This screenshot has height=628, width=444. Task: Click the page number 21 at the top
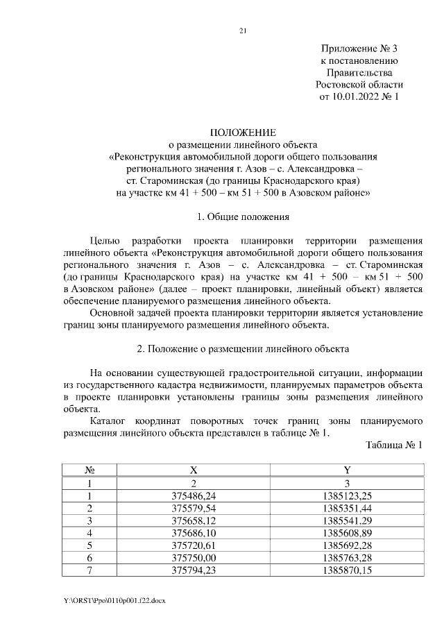pyautogui.click(x=243, y=31)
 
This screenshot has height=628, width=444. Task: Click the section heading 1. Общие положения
pyautogui.click(x=243, y=218)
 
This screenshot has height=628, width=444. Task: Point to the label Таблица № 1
pyautogui.click(x=394, y=445)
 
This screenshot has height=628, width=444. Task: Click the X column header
pyautogui.click(x=194, y=470)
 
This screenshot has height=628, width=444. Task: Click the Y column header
pyautogui.click(x=347, y=470)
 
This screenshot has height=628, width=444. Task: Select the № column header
pyautogui.click(x=89, y=470)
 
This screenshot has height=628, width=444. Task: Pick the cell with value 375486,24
pyautogui.click(x=194, y=495)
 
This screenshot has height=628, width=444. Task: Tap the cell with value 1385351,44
pyautogui.click(x=348, y=508)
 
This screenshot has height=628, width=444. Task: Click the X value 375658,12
pyautogui.click(x=194, y=520)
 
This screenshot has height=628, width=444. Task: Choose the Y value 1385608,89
pyautogui.click(x=348, y=533)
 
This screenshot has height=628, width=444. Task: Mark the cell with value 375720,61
pyautogui.click(x=194, y=545)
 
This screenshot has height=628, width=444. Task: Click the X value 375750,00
pyautogui.click(x=194, y=558)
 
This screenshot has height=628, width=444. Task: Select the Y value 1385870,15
pyautogui.click(x=348, y=570)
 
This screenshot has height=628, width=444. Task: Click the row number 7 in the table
pyautogui.click(x=89, y=570)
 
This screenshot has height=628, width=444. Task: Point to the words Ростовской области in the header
pyautogui.click(x=359, y=85)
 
